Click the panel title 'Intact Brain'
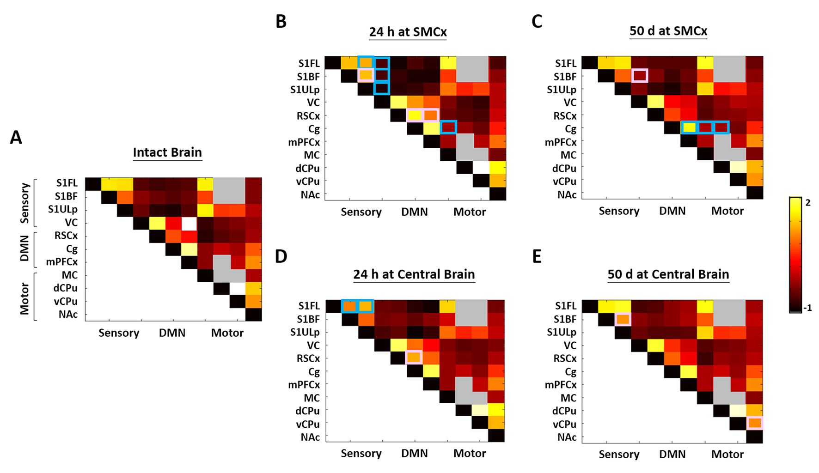[167, 152]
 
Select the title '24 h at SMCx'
[408, 32]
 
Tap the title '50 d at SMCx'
[668, 31]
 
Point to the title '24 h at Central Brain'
[414, 274]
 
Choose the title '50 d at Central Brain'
[668, 274]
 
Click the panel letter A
[16, 138]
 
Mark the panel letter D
[281, 257]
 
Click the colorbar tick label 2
[808, 203]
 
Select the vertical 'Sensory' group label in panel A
[25, 203]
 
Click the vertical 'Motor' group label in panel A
[25, 298]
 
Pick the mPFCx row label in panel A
[61, 262]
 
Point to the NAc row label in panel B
[310, 195]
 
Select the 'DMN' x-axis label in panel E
[672, 455]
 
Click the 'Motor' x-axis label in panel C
[727, 211]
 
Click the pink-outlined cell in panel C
[640, 76]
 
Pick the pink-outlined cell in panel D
[414, 358]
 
